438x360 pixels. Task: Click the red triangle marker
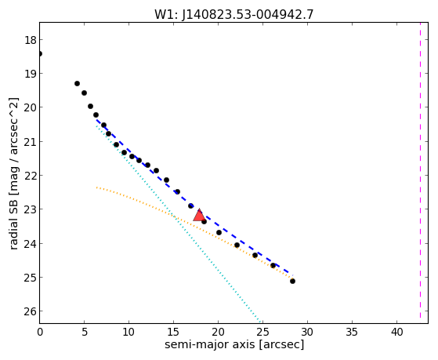(x=199, y=215)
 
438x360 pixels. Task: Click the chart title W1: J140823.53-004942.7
(x=234, y=14)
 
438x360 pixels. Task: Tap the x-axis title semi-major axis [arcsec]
(x=234, y=344)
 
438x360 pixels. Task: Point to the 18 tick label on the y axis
(x=31, y=40)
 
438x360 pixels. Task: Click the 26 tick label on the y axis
(x=31, y=311)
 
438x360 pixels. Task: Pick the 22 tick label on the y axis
(x=31, y=176)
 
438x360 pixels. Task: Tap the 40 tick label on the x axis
(x=396, y=332)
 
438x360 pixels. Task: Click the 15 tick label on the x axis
(x=173, y=332)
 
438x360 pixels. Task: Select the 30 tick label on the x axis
(x=307, y=332)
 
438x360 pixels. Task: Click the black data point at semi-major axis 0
(x=40, y=53)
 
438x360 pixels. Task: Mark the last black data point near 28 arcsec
(x=292, y=281)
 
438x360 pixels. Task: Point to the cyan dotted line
(x=179, y=224)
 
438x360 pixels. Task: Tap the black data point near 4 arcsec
(x=77, y=83)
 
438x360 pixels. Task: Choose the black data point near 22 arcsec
(x=237, y=245)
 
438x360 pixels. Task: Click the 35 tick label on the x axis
(x=352, y=332)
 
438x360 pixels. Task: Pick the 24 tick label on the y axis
(x=31, y=244)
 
